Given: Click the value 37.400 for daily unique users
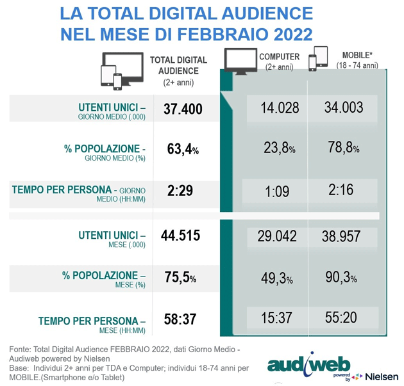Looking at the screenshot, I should [x=183, y=109].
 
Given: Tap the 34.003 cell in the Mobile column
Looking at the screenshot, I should [x=344, y=108].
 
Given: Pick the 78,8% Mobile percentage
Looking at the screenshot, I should [x=342, y=148].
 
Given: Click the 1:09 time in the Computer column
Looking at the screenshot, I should [x=278, y=189].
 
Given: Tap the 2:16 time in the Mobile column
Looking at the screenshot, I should [x=342, y=189].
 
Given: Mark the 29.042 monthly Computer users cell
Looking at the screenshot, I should [x=276, y=236].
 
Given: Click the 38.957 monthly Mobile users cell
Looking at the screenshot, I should [x=344, y=236].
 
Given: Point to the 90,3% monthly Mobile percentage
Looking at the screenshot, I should [x=342, y=278].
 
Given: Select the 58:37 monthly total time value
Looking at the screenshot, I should [x=179, y=318].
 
